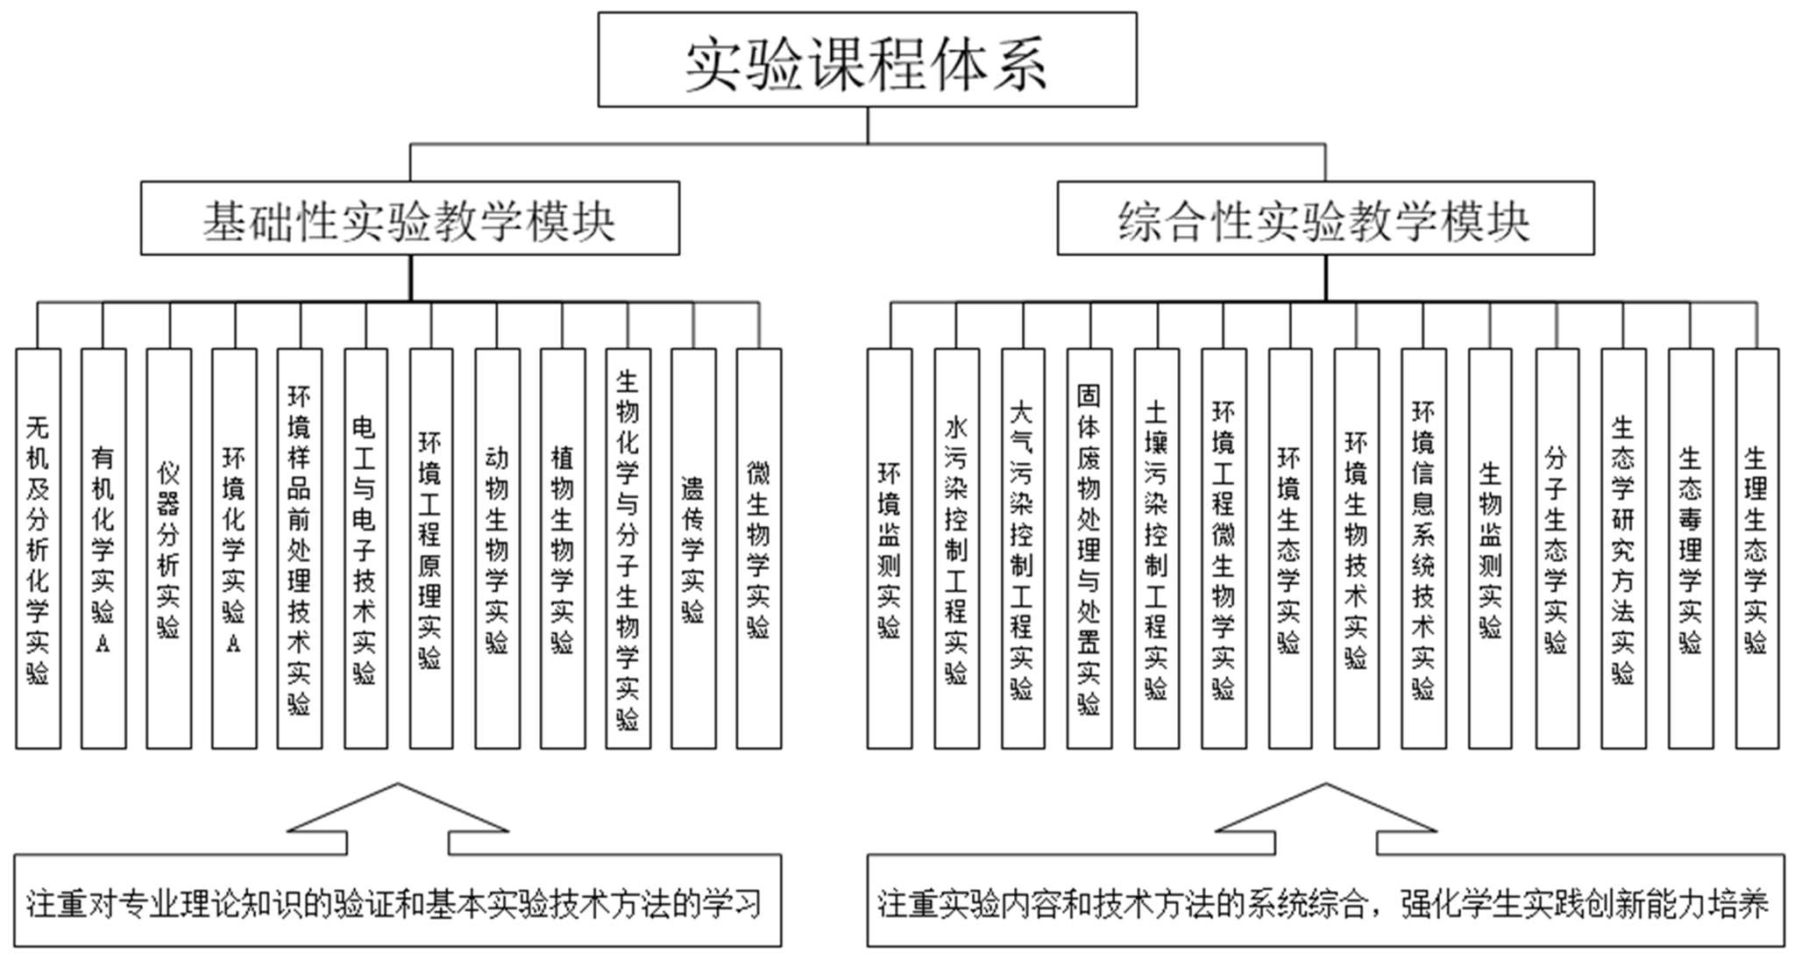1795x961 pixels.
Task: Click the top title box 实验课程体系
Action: (x=867, y=60)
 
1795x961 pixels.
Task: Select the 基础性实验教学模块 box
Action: (x=409, y=218)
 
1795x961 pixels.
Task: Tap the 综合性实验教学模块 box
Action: (x=1324, y=218)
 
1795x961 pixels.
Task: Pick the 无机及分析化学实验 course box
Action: (x=38, y=549)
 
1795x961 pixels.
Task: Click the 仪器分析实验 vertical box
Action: (x=168, y=549)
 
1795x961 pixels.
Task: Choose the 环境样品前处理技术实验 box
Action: (x=299, y=549)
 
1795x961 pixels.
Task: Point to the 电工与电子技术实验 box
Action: (x=365, y=549)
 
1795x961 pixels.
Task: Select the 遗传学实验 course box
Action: (x=692, y=549)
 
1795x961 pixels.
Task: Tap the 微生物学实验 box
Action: (x=758, y=549)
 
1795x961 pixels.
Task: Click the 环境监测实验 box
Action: (x=889, y=549)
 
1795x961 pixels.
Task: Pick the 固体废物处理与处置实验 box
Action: (x=1089, y=549)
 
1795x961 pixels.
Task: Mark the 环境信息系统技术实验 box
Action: (x=1423, y=549)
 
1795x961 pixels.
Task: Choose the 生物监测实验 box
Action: (x=1490, y=549)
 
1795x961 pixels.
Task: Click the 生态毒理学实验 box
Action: (x=1690, y=549)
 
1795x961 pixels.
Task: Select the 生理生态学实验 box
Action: (x=1756, y=549)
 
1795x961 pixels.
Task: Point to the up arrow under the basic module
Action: (x=398, y=820)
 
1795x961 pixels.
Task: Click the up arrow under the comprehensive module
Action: (x=1325, y=820)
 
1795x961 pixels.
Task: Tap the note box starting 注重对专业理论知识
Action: (x=397, y=901)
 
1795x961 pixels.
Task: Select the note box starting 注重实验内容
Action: (x=1325, y=901)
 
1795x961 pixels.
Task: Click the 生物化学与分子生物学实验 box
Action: (x=628, y=549)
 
